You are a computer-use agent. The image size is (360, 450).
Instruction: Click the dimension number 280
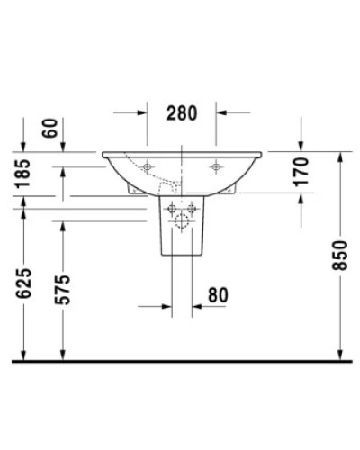(182, 113)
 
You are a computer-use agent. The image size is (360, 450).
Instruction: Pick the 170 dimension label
(301, 172)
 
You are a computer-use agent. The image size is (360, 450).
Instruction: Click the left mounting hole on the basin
(147, 166)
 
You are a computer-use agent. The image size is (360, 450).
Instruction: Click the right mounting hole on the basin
(216, 166)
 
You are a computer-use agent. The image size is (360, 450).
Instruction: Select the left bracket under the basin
(135, 191)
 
